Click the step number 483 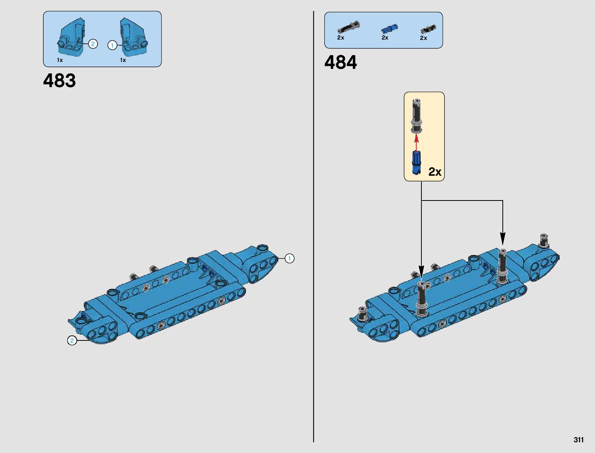coord(59,81)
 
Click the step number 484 coord(341,62)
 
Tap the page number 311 coord(578,440)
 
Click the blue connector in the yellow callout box coord(417,162)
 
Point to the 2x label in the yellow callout coord(435,172)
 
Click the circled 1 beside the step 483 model coord(289,259)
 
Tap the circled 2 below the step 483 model coord(72,340)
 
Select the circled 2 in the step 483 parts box coord(93,44)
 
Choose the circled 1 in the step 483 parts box coord(112,46)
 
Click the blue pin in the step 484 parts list coord(389,29)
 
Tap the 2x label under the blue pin coord(385,38)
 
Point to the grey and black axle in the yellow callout coord(417,116)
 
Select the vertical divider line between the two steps coord(314,228)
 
